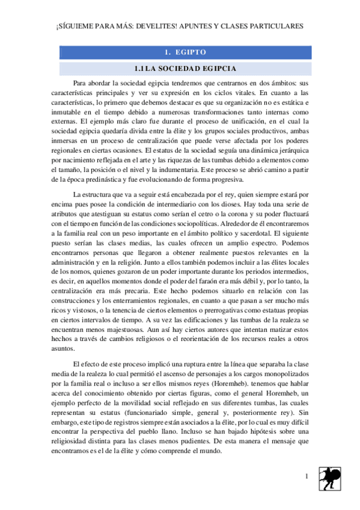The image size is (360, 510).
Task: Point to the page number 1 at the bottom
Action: pyautogui.click(x=307, y=477)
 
